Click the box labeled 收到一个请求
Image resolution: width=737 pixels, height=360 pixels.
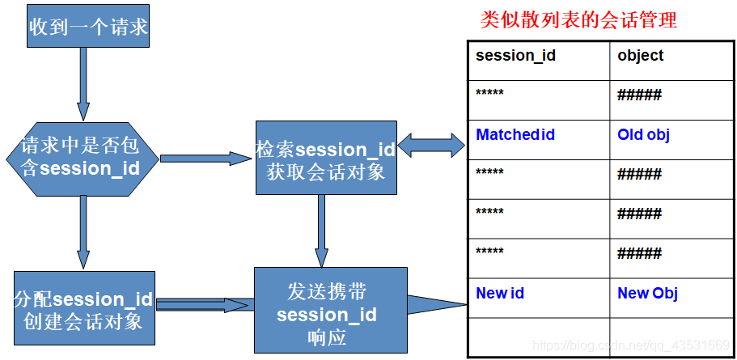pos(89,27)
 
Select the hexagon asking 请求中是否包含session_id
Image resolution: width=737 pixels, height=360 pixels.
pos(82,159)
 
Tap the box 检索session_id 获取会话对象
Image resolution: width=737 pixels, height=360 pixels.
pos(326,158)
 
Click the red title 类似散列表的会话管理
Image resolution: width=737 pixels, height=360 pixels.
pos(578,20)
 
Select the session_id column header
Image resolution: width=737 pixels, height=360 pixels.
pos(515,56)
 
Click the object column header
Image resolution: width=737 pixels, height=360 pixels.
pos(640,56)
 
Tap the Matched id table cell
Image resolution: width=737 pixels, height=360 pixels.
pos(515,135)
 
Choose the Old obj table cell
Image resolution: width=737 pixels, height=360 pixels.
pos(643,135)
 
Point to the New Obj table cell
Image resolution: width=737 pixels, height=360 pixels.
pos(647,294)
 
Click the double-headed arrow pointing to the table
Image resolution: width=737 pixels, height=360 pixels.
pos(431,145)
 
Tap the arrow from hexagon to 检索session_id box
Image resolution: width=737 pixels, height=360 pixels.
pos(207,159)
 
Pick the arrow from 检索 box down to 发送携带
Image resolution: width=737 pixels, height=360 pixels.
pos(321,231)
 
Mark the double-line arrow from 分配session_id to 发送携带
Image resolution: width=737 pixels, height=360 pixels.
pos(203,305)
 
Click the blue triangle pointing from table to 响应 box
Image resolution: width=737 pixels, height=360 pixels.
pos(436,306)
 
